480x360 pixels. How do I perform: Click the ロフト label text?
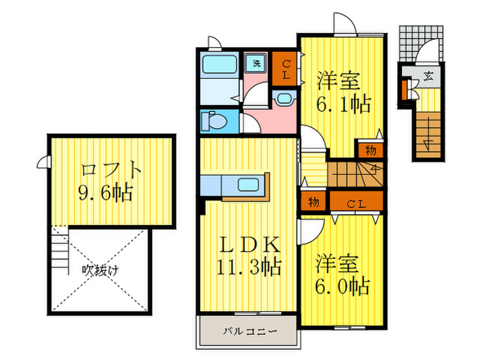pyautogui.click(x=111, y=169)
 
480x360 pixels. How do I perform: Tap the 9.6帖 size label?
pyautogui.click(x=106, y=193)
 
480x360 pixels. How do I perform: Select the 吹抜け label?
pyautogui.click(x=100, y=270)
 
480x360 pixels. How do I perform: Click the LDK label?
pyautogui.click(x=250, y=244)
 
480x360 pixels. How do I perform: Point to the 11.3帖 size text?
pyautogui.click(x=249, y=267)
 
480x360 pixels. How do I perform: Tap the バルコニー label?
pyautogui.click(x=250, y=331)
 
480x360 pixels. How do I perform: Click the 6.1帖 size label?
pyautogui.click(x=343, y=104)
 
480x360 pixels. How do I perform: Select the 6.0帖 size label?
pyautogui.click(x=342, y=286)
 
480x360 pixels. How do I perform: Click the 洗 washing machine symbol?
pyautogui.click(x=256, y=63)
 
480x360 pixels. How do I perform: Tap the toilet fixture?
pyautogui.click(x=214, y=121)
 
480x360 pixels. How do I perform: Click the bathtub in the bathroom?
pyautogui.click(x=219, y=64)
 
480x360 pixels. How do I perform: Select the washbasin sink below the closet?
pyautogui.click(x=285, y=99)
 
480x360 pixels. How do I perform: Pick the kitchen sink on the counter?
pyautogui.click(x=248, y=184)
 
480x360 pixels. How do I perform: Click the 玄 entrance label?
pyautogui.click(x=428, y=75)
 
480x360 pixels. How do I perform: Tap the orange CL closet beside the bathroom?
pyautogui.click(x=285, y=69)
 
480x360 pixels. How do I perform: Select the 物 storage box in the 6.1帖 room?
pyautogui.click(x=370, y=150)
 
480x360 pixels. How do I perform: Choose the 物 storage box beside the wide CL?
pyautogui.click(x=313, y=201)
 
